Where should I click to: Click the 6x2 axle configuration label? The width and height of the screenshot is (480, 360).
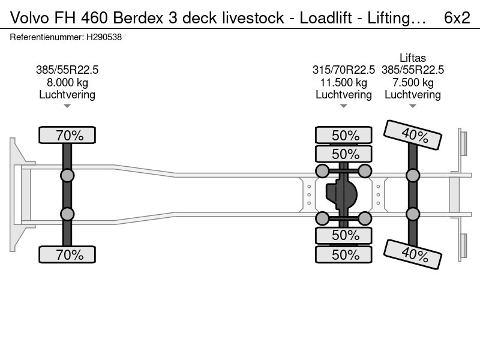(x=457, y=18)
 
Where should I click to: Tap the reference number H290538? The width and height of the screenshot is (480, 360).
(x=104, y=37)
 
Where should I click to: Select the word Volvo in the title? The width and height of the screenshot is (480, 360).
(x=29, y=18)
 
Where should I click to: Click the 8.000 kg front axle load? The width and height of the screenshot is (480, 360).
(x=67, y=82)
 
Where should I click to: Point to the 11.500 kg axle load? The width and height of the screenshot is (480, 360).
(x=343, y=82)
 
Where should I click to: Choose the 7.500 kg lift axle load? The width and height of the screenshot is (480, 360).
(x=413, y=82)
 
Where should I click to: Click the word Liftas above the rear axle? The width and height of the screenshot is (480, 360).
(x=413, y=58)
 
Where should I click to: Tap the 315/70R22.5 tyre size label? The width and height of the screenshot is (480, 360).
(x=343, y=70)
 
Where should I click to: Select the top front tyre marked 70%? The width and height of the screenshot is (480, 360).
(x=67, y=135)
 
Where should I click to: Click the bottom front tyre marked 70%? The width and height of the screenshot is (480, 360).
(x=67, y=254)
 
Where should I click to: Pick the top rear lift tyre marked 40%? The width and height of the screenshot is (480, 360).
(x=413, y=134)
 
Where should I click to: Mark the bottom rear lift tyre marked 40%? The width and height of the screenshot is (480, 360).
(x=413, y=254)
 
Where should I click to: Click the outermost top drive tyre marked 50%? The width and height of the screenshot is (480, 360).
(x=344, y=135)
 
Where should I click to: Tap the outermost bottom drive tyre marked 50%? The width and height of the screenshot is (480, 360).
(x=344, y=254)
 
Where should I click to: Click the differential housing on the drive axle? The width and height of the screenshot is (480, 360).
(x=341, y=194)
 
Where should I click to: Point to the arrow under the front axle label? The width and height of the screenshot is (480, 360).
(x=67, y=106)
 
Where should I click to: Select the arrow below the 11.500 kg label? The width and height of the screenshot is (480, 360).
(x=343, y=106)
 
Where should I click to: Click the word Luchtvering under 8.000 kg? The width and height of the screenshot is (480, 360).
(x=67, y=95)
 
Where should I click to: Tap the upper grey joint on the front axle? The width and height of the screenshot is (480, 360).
(x=67, y=176)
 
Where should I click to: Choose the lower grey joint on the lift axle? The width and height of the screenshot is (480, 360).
(x=413, y=214)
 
